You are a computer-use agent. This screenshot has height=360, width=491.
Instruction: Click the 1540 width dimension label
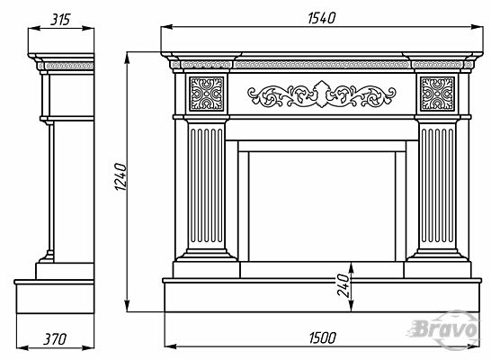pos(322,18)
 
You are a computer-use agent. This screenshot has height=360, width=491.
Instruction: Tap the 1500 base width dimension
pos(323,338)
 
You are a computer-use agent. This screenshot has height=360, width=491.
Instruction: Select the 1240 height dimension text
pos(121,176)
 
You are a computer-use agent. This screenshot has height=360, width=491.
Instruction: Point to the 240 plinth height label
pos(343,285)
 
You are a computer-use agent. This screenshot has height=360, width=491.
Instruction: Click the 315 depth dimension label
pos(60,20)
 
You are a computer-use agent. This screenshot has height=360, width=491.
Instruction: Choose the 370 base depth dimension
pos(55,339)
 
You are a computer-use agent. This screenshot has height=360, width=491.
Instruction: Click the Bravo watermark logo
pos(445,329)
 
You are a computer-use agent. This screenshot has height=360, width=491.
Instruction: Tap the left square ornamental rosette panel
pos(206,94)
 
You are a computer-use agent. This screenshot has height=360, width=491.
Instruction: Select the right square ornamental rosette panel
pos(437,94)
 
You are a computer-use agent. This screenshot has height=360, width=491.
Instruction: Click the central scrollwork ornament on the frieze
pos(322,94)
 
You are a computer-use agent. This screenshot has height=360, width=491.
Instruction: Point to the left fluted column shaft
pos(207,185)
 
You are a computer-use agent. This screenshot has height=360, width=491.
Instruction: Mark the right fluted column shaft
pos(437,185)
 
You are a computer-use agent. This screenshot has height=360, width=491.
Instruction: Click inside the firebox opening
pos(322,206)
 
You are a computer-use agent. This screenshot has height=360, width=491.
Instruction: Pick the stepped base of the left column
pos(206,255)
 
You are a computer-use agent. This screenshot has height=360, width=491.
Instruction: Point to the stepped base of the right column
pos(437,255)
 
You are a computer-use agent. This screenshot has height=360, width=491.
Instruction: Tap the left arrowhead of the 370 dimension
pos(22,347)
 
